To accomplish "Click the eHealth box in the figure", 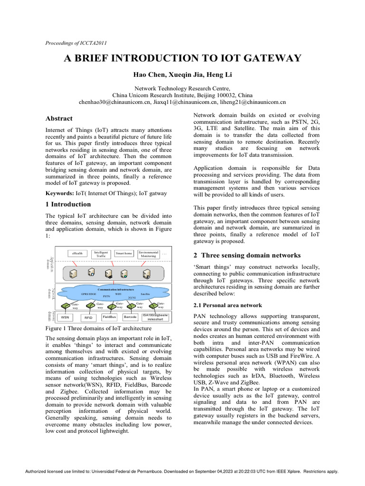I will pos(77,253).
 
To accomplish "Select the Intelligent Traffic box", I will pos(101,254).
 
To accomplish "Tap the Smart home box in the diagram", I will pos(124,253).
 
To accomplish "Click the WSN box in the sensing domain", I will pos(65,317).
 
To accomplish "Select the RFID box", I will pos(88,318).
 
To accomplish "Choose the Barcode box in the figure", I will pos(130,317).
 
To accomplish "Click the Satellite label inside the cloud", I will pos(145,294).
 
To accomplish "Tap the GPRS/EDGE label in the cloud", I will pos(89,294).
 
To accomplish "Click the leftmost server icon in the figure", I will pos(74,274).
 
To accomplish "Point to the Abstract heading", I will pos(59,119).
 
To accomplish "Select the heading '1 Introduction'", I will pos(68,205).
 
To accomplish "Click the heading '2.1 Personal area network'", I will pos(228,305).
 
